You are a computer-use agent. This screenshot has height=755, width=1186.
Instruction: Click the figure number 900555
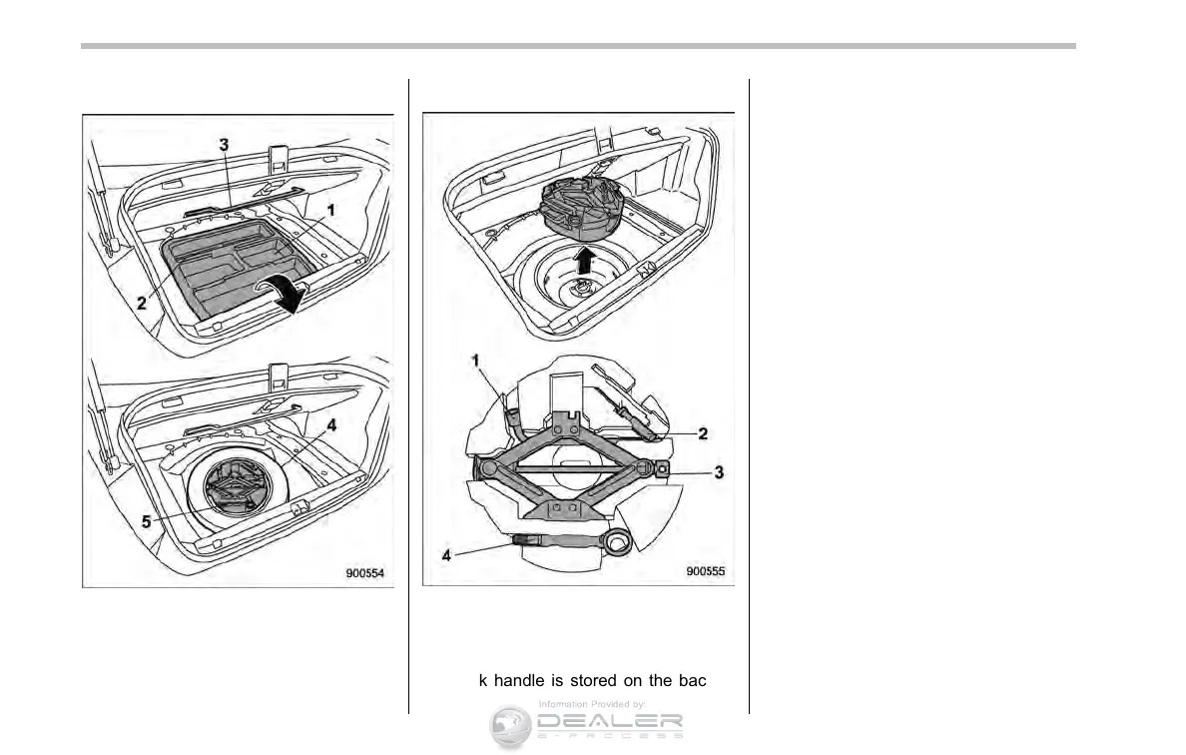(707, 571)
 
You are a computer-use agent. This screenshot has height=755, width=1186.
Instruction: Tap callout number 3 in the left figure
(225, 145)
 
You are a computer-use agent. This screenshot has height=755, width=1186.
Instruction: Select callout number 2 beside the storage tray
(143, 303)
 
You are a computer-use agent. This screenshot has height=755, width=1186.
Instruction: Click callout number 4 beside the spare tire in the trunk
(331, 423)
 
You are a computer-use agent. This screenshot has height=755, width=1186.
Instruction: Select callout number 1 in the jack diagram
(478, 359)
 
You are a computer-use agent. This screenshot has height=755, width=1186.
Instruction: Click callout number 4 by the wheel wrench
(447, 554)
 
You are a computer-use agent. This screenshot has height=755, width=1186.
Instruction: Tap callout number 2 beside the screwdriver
(703, 433)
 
